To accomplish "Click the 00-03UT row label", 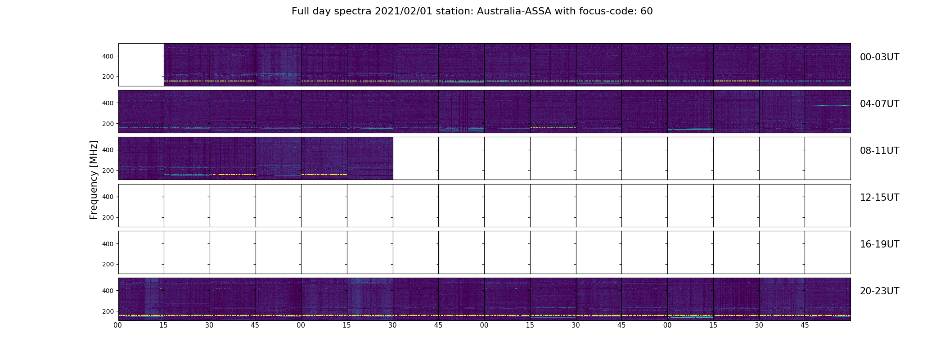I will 879,57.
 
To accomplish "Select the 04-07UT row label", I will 879,104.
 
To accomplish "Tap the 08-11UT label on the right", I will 879,151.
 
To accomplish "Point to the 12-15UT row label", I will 879,198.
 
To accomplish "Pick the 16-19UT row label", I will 879,244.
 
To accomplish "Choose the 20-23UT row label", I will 879,291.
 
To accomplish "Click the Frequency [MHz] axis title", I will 94,180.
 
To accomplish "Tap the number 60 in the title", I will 646,11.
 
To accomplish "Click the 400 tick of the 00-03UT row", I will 108,56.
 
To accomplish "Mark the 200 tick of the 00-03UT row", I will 108,76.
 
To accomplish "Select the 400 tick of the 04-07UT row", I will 108,103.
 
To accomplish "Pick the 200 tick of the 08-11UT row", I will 108,171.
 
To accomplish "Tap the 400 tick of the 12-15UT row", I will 108,197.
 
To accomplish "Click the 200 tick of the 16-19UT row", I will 108,264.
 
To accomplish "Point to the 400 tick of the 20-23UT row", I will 108,291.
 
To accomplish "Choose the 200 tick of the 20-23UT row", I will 108,311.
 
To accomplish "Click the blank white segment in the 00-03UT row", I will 141,65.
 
